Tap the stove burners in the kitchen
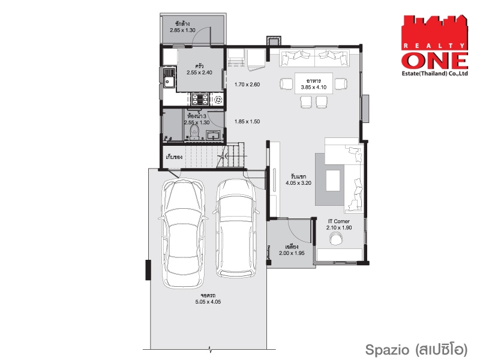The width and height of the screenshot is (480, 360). point(200,99)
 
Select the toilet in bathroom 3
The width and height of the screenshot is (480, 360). point(194,133)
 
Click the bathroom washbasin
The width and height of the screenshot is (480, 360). point(214,134)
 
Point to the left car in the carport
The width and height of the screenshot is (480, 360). point(183,233)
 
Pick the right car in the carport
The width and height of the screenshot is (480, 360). point(236,228)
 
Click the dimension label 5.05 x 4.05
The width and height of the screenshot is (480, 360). point(208,302)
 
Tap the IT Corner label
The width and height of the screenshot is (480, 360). point(339,221)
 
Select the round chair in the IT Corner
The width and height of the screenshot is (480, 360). point(336,238)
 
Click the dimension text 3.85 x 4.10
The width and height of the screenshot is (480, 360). point(313,87)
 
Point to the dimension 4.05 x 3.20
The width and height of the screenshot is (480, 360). point(298,183)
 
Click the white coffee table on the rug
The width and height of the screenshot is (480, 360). point(333,181)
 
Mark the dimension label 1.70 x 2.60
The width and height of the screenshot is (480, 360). point(247,85)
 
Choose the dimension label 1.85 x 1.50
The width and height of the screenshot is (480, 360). point(247,122)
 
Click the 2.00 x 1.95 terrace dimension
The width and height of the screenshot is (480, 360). point(292,253)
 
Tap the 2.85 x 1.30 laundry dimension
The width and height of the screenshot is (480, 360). point(182,31)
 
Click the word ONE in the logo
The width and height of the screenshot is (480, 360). point(434,61)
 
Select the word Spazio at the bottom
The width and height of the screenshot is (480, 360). point(387,350)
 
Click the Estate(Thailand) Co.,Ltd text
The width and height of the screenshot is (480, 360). point(434,73)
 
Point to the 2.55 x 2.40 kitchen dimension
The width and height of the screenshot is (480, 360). point(199,73)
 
